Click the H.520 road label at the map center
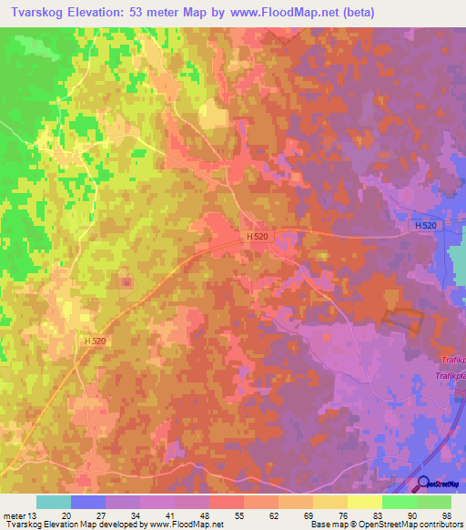pyautogui.click(x=257, y=236)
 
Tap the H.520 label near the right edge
pyautogui.click(x=425, y=225)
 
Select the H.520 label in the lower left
pyautogui.click(x=95, y=341)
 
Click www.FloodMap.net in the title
pyautogui.click(x=289, y=13)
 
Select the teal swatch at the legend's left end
pyautogui.click(x=54, y=501)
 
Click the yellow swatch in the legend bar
pyautogui.click(x=365, y=501)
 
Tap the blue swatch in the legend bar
pyautogui.click(x=88, y=501)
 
